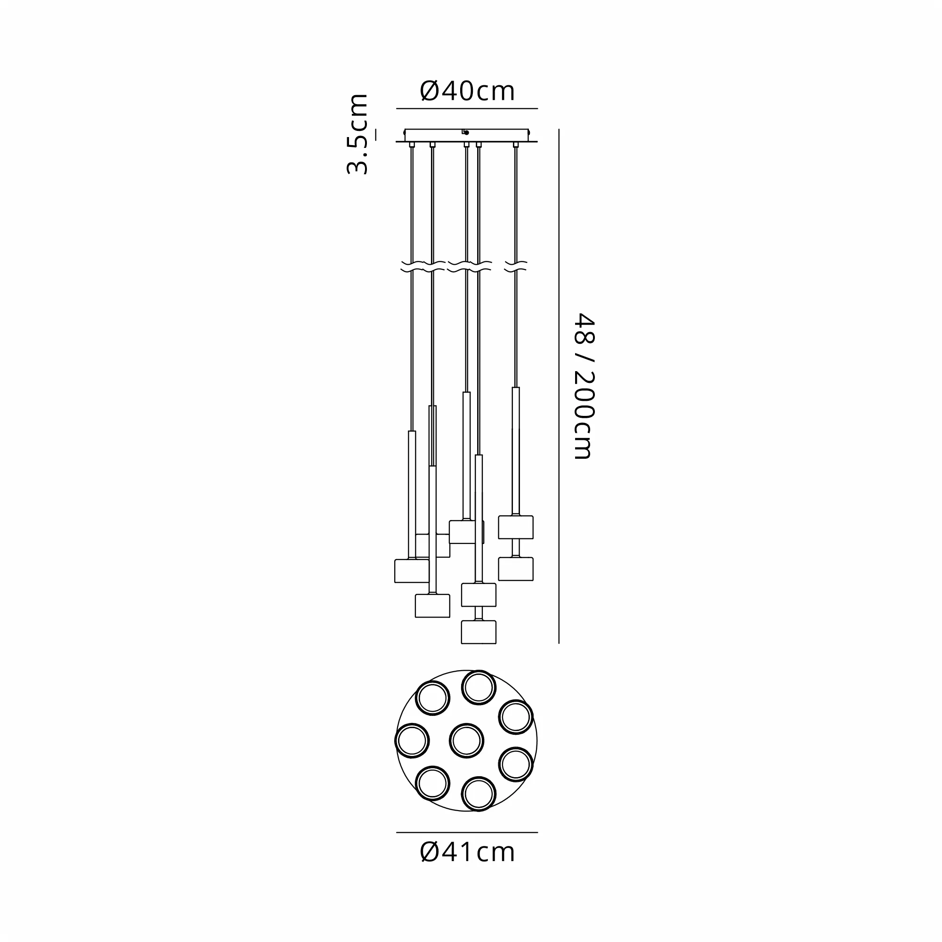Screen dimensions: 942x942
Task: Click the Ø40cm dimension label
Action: [467, 91]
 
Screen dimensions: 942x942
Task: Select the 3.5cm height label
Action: [357, 134]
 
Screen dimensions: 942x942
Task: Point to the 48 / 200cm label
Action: [584, 386]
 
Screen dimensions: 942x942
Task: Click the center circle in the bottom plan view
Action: [467, 741]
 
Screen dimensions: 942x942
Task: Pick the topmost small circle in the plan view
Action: [479, 688]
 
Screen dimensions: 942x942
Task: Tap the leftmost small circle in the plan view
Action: [412, 741]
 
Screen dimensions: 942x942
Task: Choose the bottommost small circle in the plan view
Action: [479, 794]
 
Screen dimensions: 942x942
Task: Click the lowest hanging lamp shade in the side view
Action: [479, 632]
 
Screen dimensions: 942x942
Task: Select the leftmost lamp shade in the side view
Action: [412, 571]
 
